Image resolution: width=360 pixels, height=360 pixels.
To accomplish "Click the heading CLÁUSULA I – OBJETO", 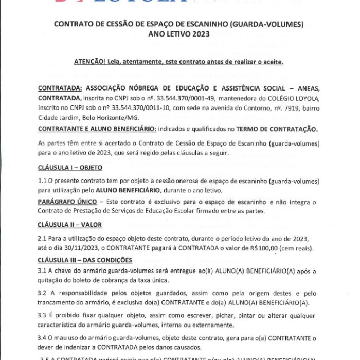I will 70,168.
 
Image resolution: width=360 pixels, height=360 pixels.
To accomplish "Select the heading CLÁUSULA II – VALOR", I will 69,225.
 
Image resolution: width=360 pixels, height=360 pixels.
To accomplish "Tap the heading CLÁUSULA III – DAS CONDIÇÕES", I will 85,260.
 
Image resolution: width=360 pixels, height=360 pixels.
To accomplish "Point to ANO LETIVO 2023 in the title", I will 180,35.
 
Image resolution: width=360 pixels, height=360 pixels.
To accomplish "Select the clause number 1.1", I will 42,181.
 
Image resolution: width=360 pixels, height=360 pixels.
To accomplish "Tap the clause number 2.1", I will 42,239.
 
